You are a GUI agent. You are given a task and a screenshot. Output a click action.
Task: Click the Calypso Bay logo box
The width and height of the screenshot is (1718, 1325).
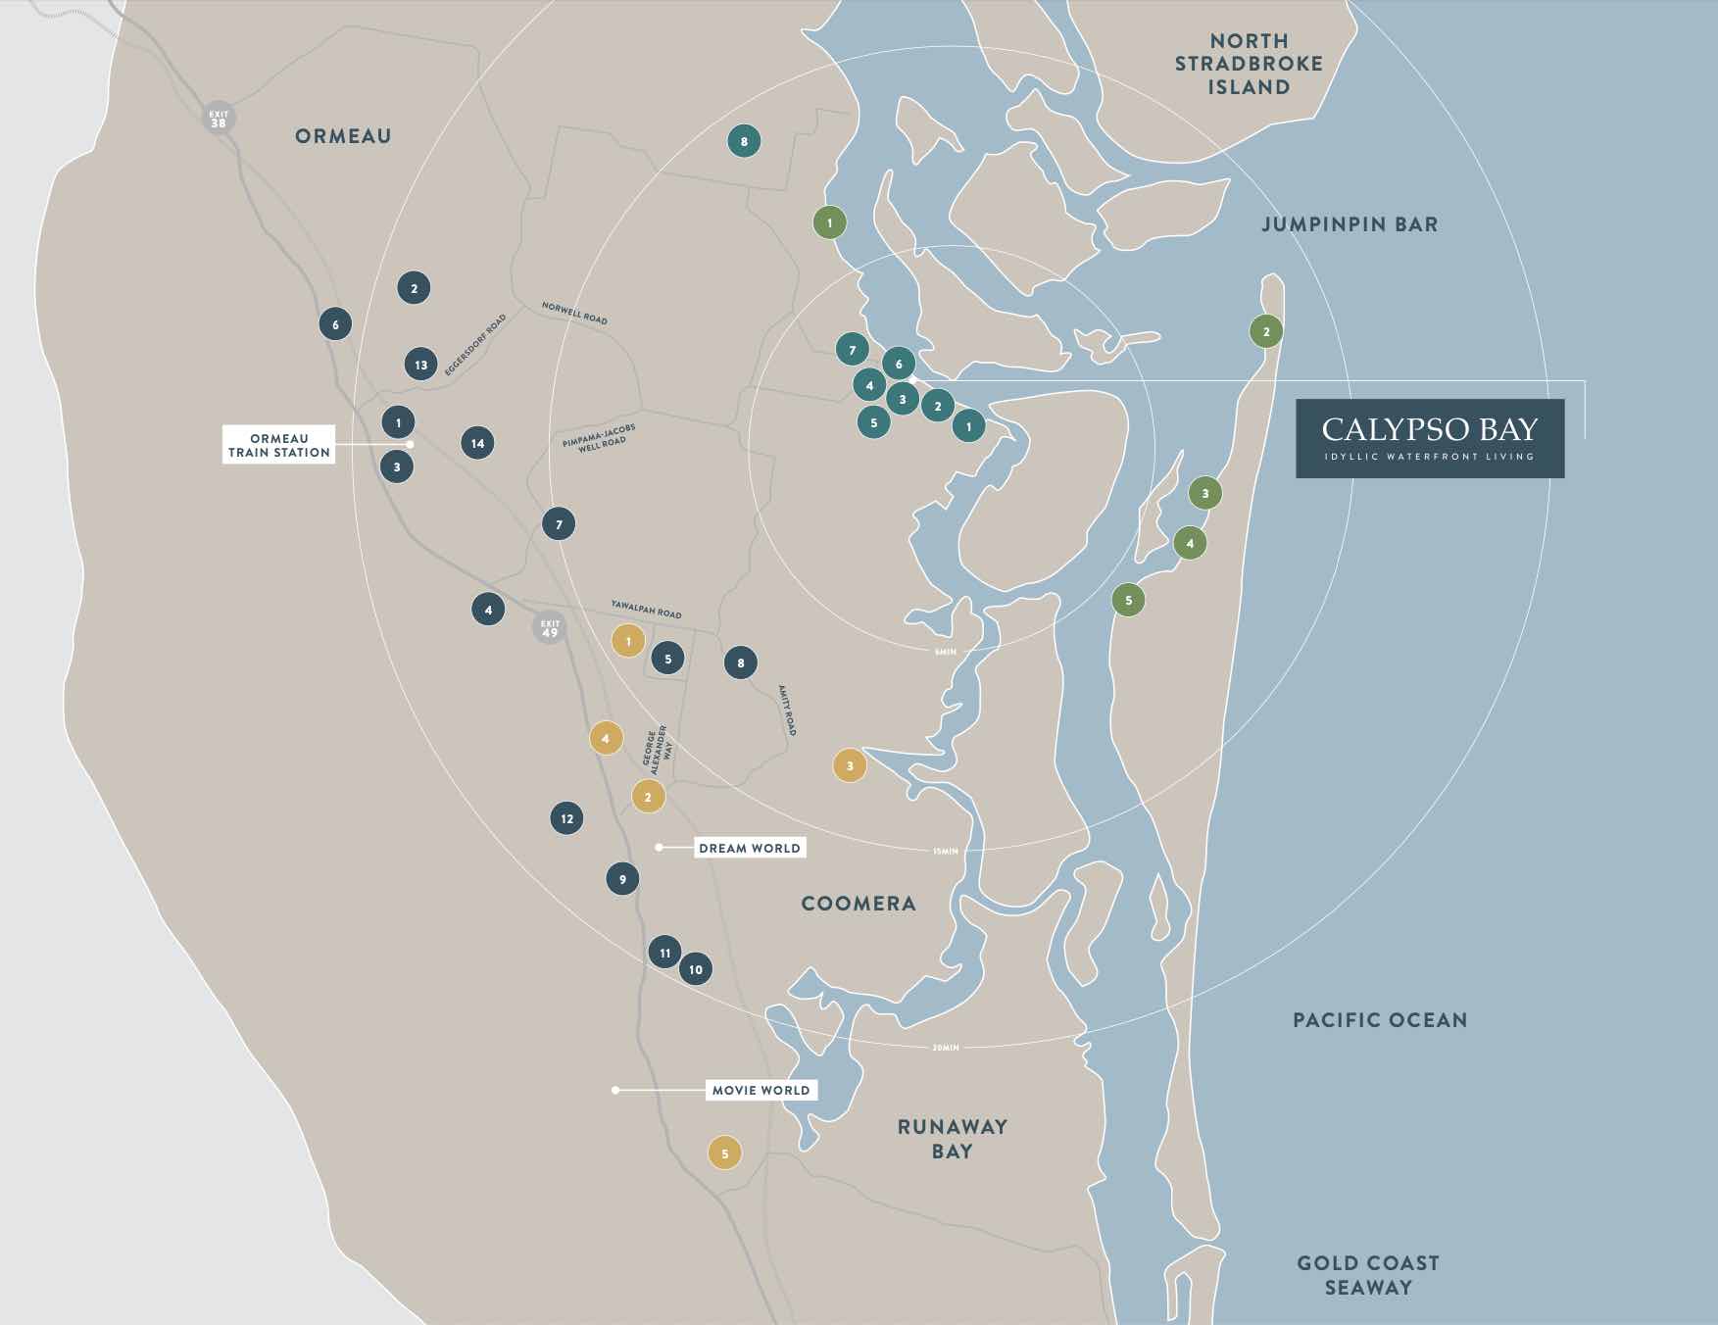coord(1429,438)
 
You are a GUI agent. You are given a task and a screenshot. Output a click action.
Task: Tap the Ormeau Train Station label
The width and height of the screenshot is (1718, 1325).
coord(279,445)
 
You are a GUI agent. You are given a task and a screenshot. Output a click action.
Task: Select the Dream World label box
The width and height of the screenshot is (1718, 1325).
coord(750,848)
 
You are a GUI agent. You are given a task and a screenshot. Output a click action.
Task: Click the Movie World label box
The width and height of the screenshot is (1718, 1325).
coord(761,1090)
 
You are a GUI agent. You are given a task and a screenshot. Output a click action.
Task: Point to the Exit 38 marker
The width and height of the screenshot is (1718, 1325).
coord(218,119)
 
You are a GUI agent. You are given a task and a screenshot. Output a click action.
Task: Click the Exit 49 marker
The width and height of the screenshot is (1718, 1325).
coord(550,627)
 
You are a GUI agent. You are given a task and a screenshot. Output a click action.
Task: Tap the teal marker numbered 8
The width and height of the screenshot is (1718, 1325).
coord(744,142)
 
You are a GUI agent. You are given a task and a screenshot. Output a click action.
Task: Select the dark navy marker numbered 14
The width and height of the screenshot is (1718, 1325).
coord(477,443)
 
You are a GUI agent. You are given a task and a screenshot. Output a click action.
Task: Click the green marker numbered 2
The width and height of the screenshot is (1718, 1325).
coord(1265,331)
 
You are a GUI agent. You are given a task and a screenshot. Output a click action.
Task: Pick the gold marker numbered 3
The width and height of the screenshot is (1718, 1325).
coord(850,765)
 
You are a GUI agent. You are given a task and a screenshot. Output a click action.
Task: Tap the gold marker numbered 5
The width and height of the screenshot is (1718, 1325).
coord(724,1153)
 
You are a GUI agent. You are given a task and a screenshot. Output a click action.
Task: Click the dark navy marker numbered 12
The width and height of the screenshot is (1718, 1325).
coord(566,818)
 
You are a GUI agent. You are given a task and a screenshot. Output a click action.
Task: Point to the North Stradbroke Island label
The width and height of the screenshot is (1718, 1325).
coord(1249,64)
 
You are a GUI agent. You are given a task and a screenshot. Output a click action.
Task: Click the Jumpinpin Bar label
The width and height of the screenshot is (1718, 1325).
coord(1350,224)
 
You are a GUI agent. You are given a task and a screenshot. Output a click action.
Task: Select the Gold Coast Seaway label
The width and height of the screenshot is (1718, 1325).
coord(1368,1275)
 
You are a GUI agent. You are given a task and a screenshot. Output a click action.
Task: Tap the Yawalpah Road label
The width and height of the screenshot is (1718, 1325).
coord(646,610)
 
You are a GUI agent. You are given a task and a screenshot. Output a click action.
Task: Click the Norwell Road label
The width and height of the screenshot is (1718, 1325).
coord(574,313)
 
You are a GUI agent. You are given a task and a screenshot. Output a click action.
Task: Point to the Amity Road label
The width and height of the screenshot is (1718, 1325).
coord(787,711)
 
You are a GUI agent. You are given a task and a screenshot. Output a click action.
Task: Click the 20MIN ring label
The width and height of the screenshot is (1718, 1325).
coord(945,1048)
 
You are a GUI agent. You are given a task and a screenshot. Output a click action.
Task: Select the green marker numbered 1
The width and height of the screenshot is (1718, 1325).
coord(829,223)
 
